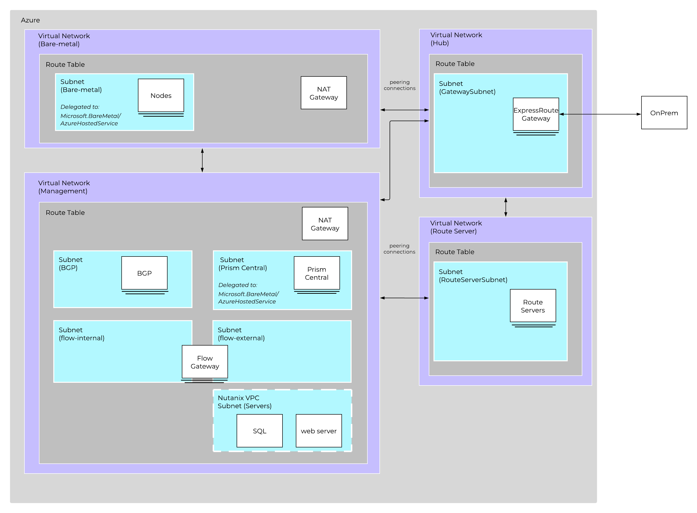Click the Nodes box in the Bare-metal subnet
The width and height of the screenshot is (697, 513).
[161, 95]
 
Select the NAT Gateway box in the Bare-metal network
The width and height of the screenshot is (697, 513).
[323, 93]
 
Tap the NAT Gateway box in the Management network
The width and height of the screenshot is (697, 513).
[325, 224]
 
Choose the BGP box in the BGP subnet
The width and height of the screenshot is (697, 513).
[144, 273]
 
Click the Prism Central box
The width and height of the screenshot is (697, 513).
[317, 273]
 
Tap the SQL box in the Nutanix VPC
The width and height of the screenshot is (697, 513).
[259, 431]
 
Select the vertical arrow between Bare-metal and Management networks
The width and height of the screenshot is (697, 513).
[202, 160]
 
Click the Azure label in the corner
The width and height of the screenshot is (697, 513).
[30, 20]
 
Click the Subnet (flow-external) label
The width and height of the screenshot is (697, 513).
[241, 334]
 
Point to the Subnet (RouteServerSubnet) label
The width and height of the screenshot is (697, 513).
[472, 275]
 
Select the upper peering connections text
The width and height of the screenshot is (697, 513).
[399, 85]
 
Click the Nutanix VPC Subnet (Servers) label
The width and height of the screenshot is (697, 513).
[245, 402]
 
